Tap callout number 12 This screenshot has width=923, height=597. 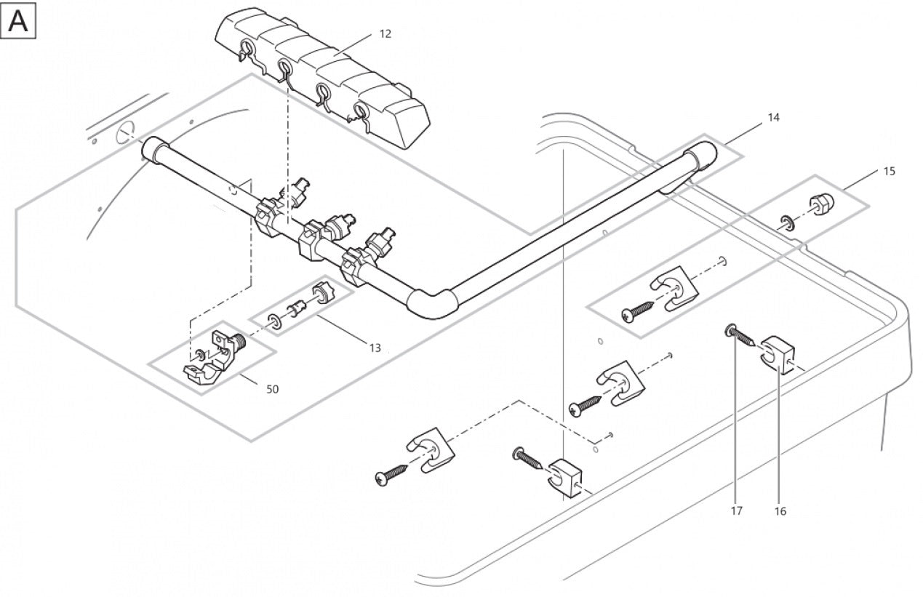[385, 34]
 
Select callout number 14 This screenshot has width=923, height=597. [773, 117]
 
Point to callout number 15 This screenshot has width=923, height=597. [890, 172]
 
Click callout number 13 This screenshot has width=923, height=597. [375, 348]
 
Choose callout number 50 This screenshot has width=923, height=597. [272, 389]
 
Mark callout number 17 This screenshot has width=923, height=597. [737, 510]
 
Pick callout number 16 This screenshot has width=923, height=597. [780, 510]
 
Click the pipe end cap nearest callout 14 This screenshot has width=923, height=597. [699, 157]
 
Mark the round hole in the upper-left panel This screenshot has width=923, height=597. [125, 132]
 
